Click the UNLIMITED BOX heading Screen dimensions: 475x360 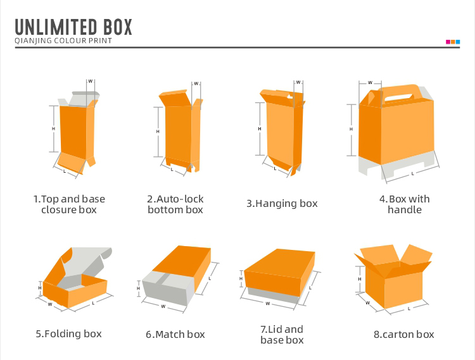click(73, 27)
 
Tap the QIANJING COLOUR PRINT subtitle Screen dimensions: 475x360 click(63, 41)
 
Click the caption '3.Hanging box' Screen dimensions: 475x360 click(282, 204)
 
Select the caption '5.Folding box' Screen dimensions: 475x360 click(68, 333)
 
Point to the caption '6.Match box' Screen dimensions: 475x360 click(175, 334)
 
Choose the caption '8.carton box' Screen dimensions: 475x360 click(403, 334)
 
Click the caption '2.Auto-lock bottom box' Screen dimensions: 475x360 click(175, 204)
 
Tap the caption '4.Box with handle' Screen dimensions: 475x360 click(404, 204)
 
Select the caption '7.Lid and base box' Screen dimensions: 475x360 click(282, 335)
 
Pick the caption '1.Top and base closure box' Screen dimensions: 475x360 click(69, 204)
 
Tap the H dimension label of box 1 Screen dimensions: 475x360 click(53, 129)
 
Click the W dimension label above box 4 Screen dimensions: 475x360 click(370, 82)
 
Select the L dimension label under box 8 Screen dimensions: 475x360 click(408, 309)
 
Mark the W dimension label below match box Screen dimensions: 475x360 click(163, 306)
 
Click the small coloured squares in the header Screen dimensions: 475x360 click(453, 42)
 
